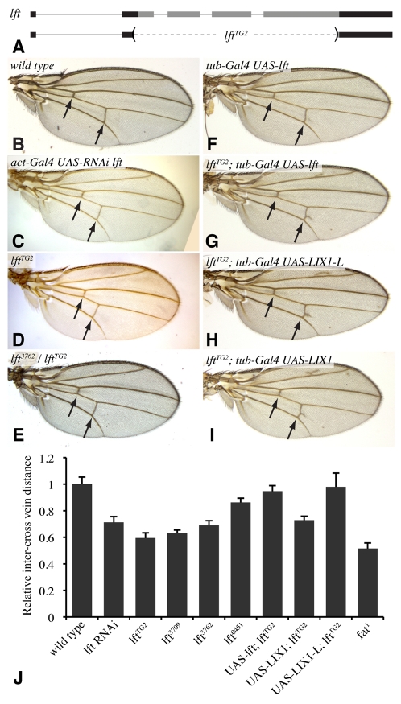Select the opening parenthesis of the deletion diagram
pos(134,34)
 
